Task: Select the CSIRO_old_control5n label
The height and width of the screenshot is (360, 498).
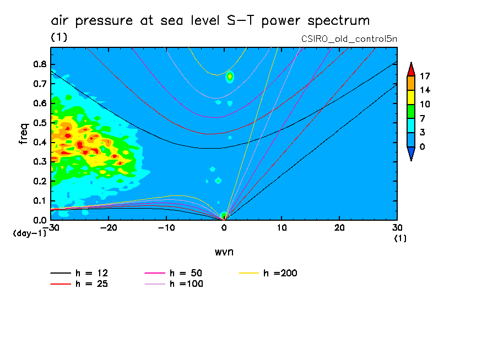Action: click(349, 39)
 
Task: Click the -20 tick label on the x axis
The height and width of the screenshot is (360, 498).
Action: click(109, 228)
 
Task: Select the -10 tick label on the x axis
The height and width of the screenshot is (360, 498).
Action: click(166, 228)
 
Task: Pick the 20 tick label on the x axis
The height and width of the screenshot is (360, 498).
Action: click(339, 228)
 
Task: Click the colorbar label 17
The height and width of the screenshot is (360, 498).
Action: click(424, 75)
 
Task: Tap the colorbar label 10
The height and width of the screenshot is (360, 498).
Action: click(424, 104)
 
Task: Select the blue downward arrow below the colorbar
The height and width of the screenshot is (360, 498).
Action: click(410, 155)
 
